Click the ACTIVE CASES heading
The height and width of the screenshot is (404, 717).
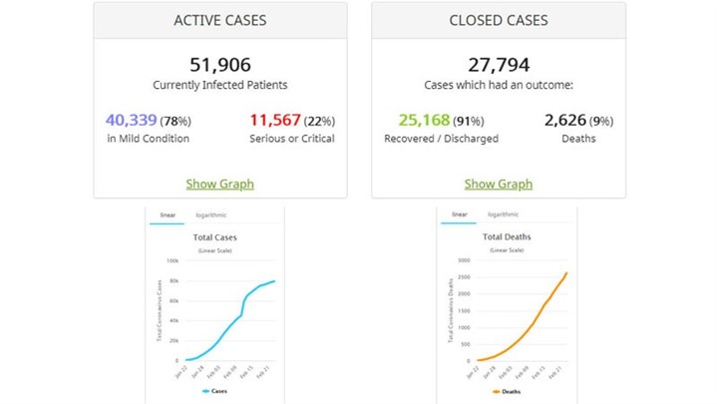219,20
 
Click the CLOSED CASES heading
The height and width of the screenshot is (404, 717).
498,20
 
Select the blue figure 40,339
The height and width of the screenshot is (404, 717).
131,121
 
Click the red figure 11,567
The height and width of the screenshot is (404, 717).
275,121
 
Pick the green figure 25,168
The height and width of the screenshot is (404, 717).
425,121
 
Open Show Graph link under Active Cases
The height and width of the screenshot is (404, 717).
219,184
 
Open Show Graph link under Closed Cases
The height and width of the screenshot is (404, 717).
498,184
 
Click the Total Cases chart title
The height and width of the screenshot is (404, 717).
214,237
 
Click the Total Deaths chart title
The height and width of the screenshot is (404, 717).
506,237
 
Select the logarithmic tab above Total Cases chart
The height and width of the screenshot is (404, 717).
211,214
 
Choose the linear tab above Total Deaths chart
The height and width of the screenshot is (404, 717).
460,214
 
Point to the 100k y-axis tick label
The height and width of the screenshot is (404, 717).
172,260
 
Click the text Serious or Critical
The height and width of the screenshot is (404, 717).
291,139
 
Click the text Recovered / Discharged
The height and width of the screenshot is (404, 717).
441,139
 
